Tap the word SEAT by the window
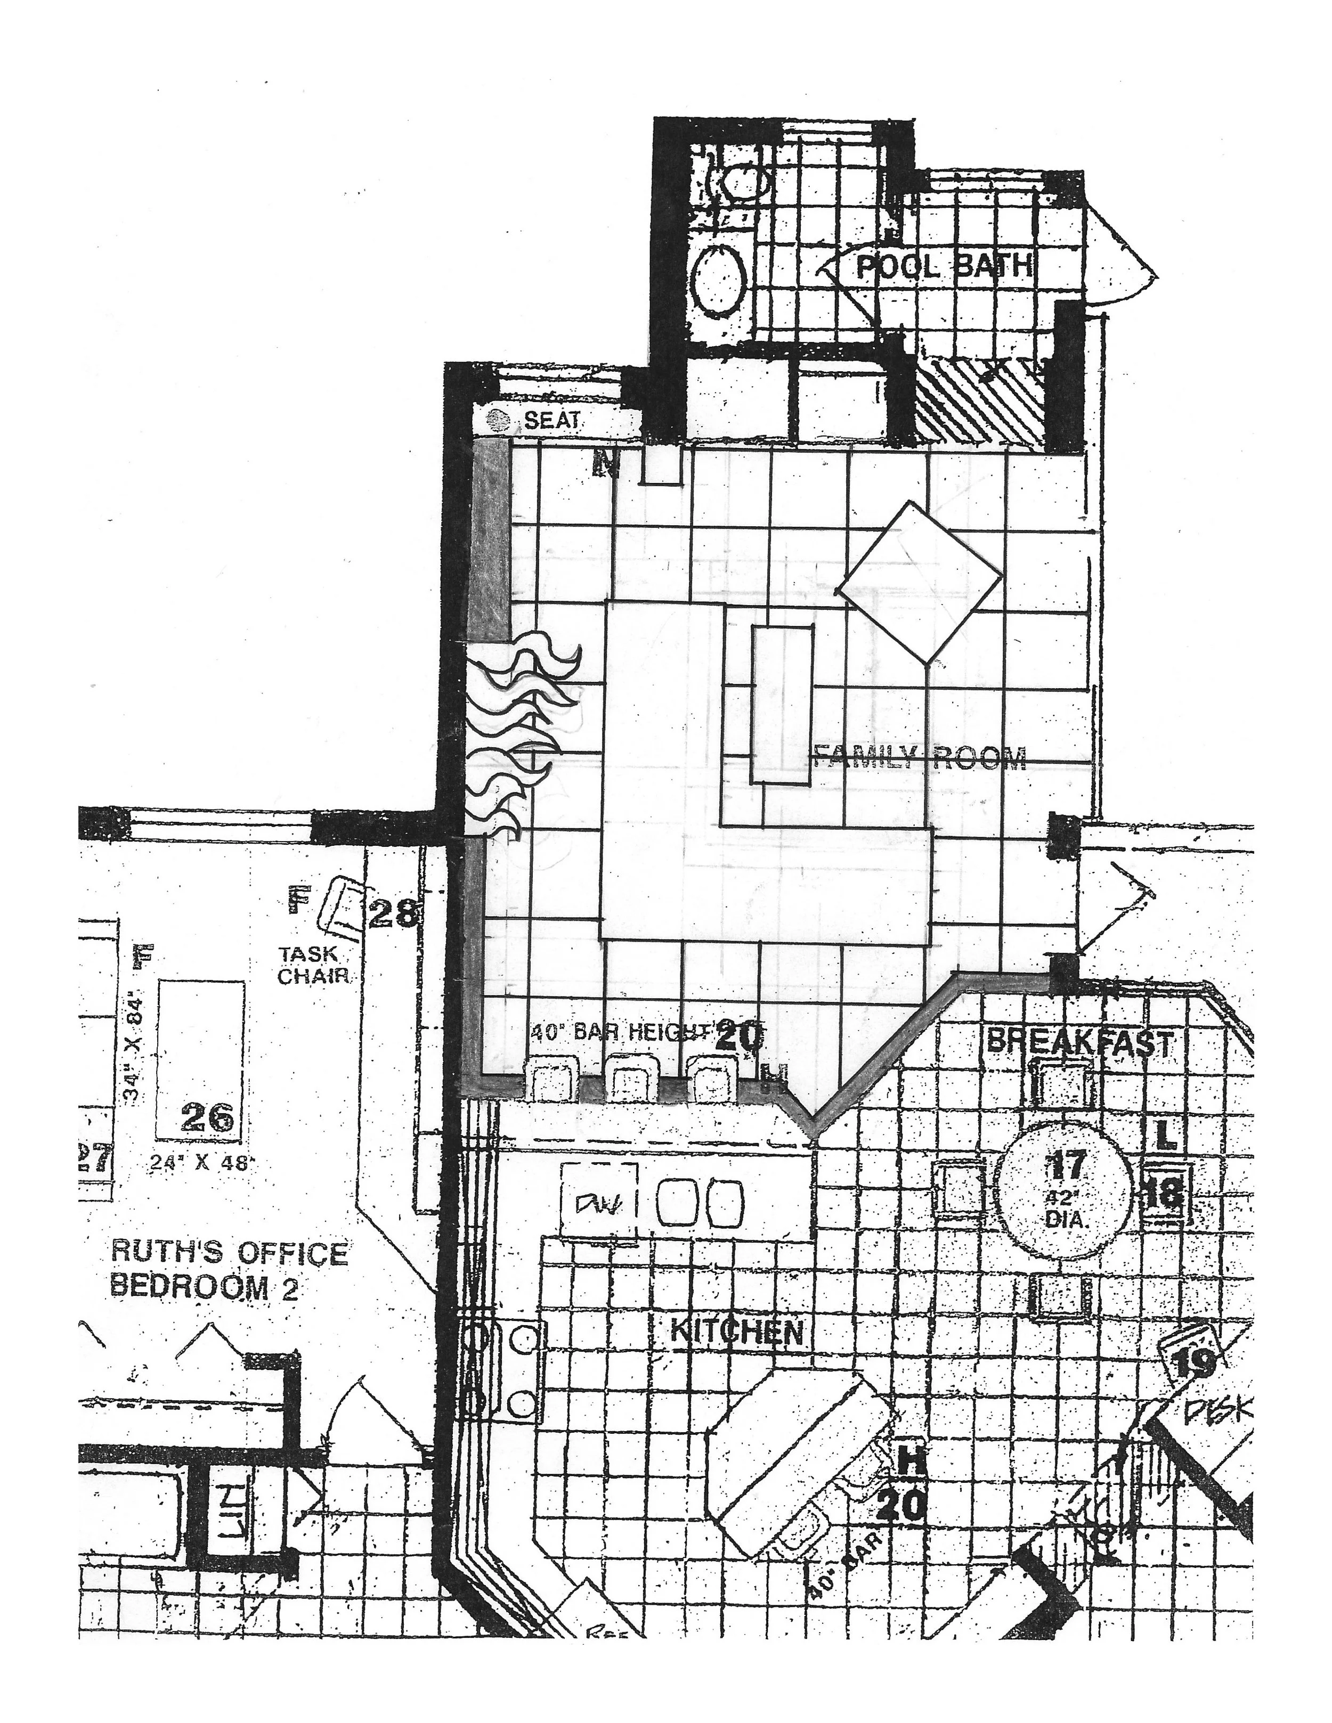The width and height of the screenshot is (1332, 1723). (551, 420)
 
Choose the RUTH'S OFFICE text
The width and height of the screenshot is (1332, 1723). (230, 1252)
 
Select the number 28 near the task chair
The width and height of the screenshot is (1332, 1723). (393, 913)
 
